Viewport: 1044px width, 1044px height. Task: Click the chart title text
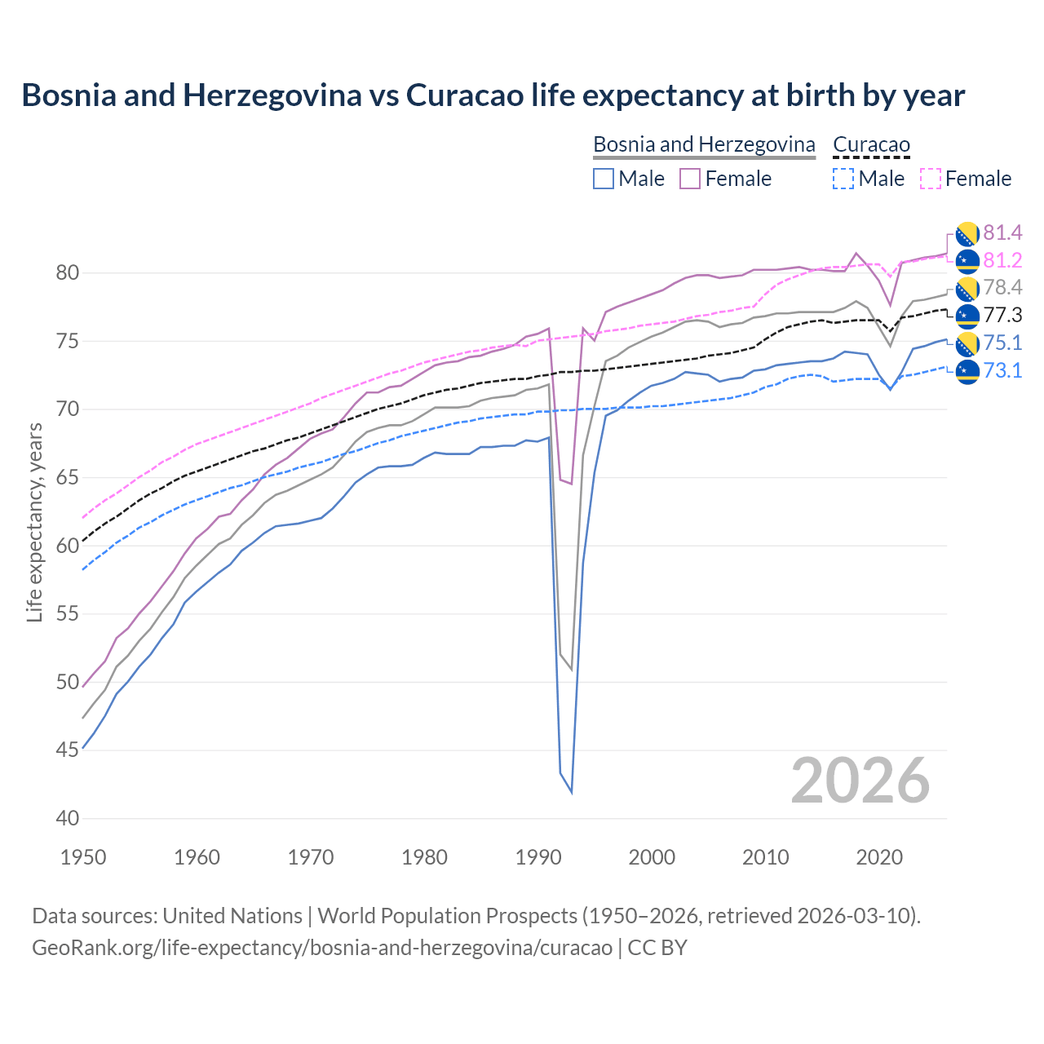tap(493, 95)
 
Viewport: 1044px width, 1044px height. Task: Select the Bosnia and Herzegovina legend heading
tap(703, 144)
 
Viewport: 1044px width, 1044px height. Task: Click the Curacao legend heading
tap(870, 144)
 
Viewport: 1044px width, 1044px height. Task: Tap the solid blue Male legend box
tap(604, 179)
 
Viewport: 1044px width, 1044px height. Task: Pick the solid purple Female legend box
tap(690, 179)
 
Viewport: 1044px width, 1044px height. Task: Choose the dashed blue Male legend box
tap(843, 179)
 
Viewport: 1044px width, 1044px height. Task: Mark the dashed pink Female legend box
tap(930, 179)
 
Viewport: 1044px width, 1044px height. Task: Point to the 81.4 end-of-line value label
tap(1002, 233)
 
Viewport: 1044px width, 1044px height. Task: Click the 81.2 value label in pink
tap(1002, 260)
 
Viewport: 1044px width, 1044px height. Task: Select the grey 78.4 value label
tap(1002, 287)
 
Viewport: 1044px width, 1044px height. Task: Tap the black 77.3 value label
tap(1002, 315)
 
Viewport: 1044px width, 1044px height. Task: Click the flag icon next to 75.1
tap(967, 343)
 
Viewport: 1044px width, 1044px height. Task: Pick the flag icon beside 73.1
tap(967, 371)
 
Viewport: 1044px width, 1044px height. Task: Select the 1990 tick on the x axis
tap(538, 857)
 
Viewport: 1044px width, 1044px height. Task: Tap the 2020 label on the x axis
tap(879, 857)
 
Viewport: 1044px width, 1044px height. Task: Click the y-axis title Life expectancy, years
tap(34, 522)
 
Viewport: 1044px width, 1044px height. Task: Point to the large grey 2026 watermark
tap(860, 781)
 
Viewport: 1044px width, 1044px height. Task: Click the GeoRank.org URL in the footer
tap(322, 947)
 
